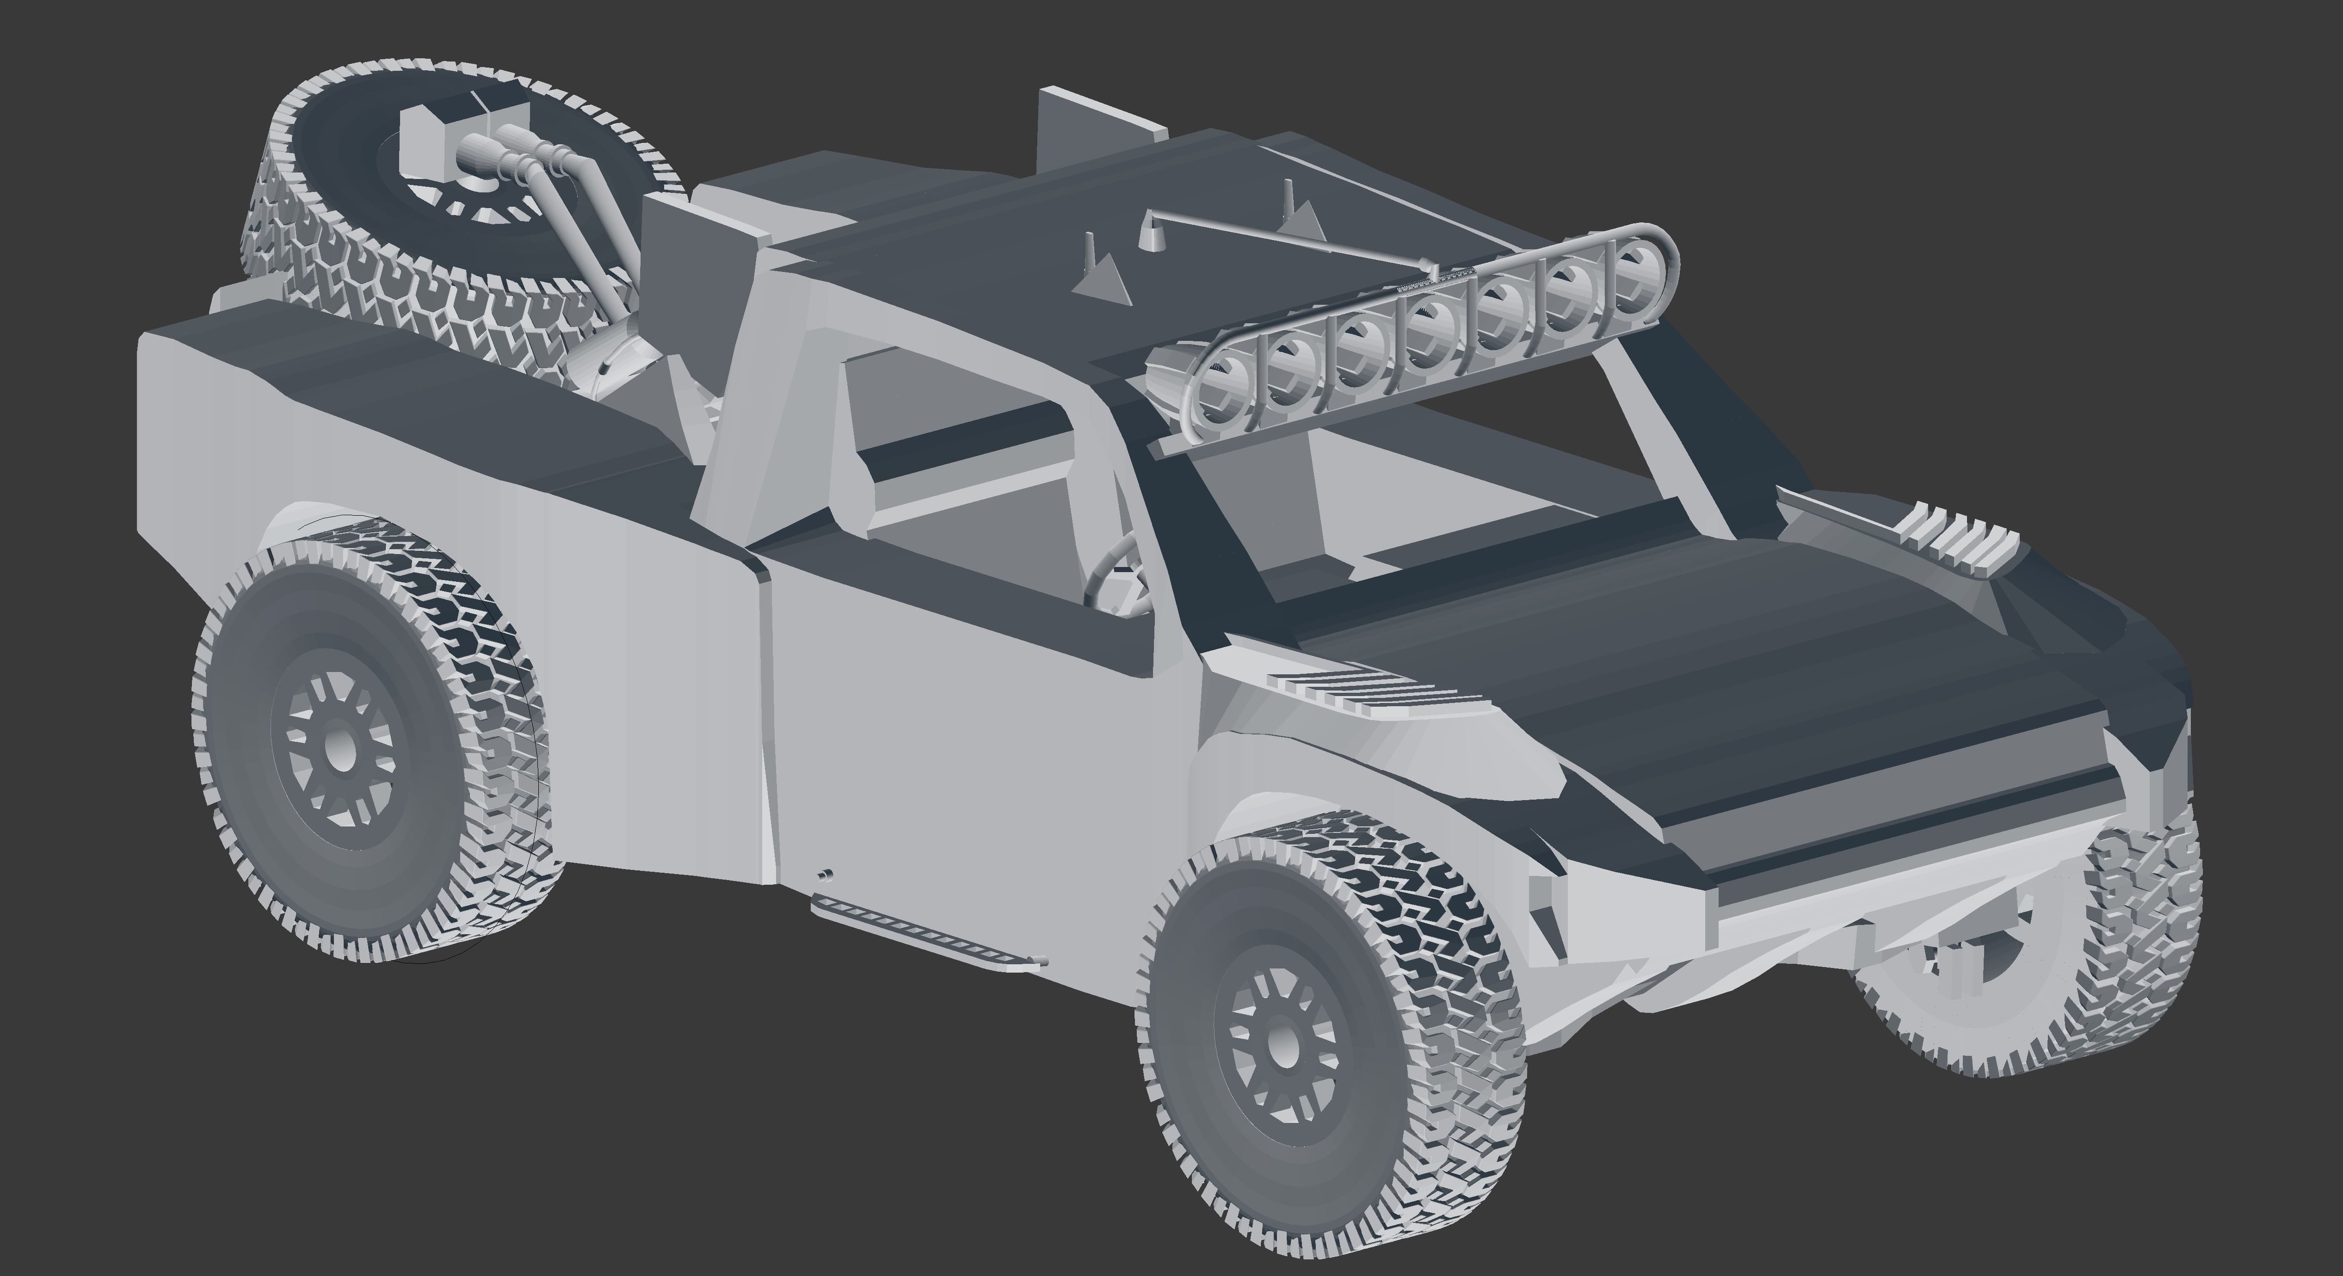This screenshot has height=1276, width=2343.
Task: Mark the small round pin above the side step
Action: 825,875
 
